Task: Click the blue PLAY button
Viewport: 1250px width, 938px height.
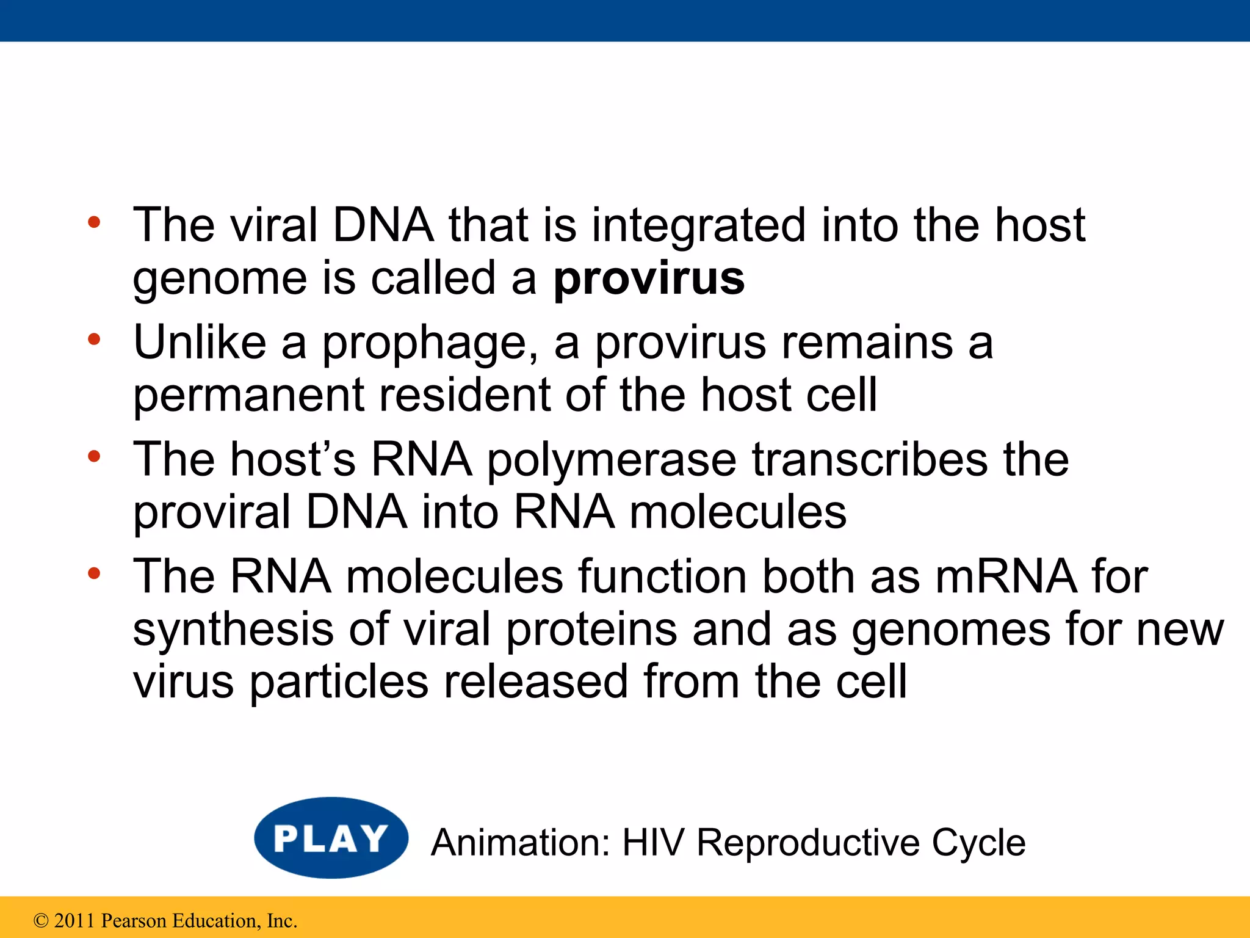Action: (x=331, y=838)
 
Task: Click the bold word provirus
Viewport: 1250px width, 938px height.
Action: (x=649, y=278)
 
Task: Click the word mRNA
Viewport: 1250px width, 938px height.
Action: (x=1006, y=577)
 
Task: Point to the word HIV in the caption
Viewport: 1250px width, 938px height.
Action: (x=652, y=843)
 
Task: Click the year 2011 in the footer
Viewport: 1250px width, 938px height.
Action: (x=74, y=921)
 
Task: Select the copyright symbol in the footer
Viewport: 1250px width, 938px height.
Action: (x=41, y=921)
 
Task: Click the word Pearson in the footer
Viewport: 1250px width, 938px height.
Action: (x=133, y=921)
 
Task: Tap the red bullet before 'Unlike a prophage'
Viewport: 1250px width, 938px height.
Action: (x=93, y=340)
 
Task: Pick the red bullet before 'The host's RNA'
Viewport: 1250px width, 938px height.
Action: (x=93, y=456)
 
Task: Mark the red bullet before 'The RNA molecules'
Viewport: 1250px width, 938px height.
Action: (x=93, y=573)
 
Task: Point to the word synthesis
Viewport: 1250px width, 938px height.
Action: (x=233, y=630)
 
